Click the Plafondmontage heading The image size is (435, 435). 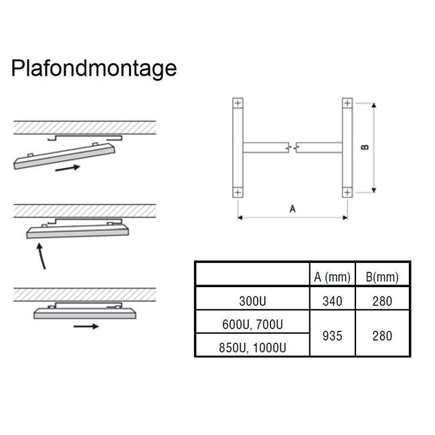pos(94,68)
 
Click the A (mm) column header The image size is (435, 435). pos(333,277)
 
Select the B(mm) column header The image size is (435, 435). pos(382,277)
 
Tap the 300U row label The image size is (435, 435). pos(252,301)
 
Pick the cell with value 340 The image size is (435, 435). pos(333,301)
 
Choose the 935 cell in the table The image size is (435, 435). pos(333,336)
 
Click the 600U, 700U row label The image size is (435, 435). pos(252,325)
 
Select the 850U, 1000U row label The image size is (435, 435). pos(252,347)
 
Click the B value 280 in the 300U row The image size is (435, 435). pos(382,301)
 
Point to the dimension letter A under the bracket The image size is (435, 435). pos(292,209)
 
